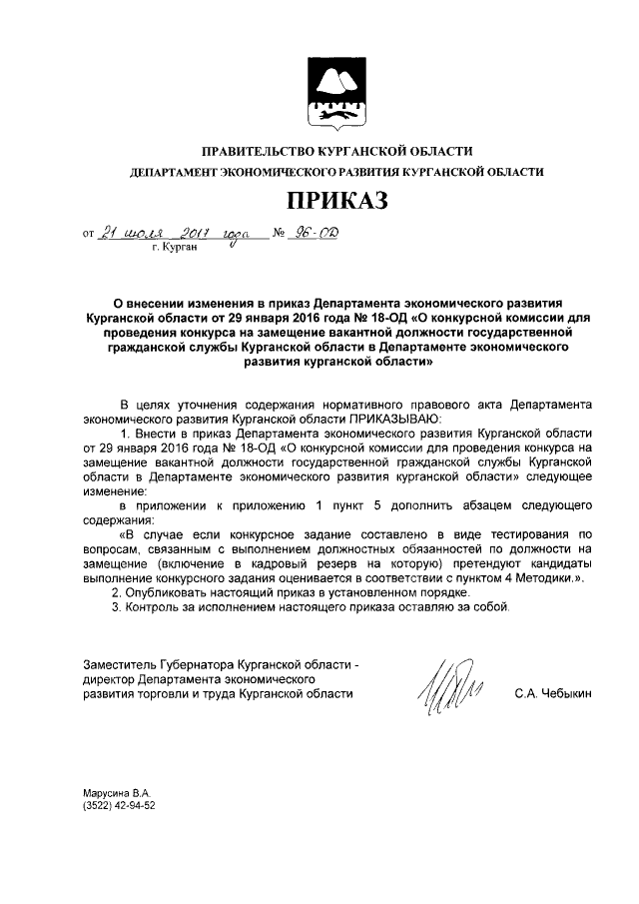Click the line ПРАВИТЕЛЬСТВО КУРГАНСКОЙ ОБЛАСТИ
[x=336, y=151]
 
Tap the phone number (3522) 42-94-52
[x=120, y=804]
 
